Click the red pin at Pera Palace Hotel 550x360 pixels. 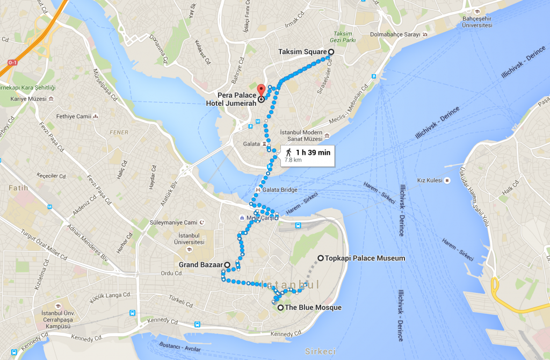(x=261, y=90)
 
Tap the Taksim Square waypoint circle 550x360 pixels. (x=330, y=52)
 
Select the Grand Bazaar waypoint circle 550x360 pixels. (x=227, y=264)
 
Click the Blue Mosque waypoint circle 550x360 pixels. (x=280, y=307)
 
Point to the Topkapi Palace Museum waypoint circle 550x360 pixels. (x=321, y=258)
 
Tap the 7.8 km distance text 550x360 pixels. (x=293, y=160)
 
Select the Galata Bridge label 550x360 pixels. (x=280, y=190)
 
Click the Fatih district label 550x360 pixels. (x=18, y=188)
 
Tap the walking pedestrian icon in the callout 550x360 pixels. (x=288, y=152)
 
